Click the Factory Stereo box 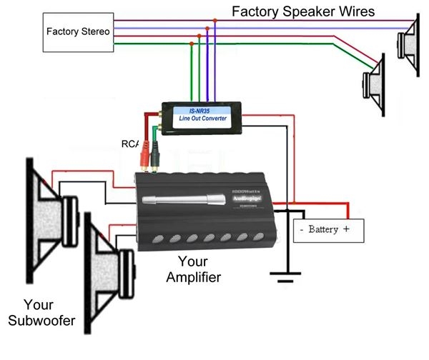tap(77, 31)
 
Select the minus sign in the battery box tap(303, 230)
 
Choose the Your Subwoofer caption tap(41, 313)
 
